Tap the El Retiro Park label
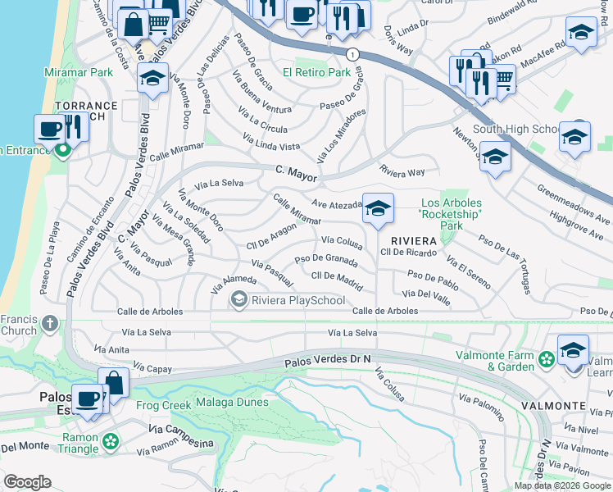[x=316, y=73]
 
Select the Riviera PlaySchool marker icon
[x=239, y=300]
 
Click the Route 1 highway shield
[x=352, y=54]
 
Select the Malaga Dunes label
[x=232, y=403]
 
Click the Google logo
[x=27, y=482]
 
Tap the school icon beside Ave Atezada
[x=377, y=209]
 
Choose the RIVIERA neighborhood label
[x=411, y=240]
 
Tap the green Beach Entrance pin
[x=62, y=150]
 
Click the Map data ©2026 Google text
[x=561, y=485]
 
